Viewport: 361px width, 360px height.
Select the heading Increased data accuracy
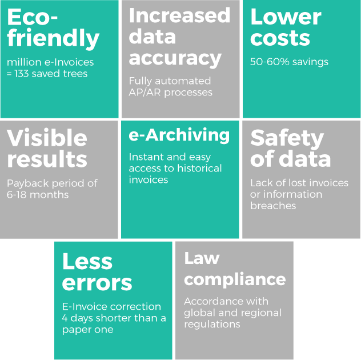(179, 37)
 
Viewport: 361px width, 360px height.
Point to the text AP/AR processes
(170, 92)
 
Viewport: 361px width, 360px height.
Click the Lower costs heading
(286, 27)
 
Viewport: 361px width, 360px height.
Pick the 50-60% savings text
(289, 62)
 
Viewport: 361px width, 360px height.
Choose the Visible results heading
(47, 148)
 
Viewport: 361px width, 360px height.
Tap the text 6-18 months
(38, 194)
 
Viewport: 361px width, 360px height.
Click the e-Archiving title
(179, 135)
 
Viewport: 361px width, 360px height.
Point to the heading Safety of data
(290, 148)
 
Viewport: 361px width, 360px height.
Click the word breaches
(273, 205)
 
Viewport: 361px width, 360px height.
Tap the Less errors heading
(97, 272)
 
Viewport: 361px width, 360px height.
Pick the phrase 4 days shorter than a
(114, 318)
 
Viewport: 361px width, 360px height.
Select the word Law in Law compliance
(202, 258)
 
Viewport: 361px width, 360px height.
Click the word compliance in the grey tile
(235, 279)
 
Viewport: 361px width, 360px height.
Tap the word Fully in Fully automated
(141, 81)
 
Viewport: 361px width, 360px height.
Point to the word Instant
(145, 157)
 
